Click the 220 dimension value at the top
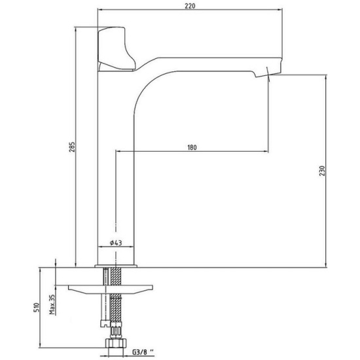pos(190,6)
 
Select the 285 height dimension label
pos(72,147)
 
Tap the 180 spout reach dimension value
pos(192,147)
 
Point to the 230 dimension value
pos(322,171)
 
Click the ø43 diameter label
pos(116,243)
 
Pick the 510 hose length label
pos(37,308)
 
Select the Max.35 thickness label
pos(52,304)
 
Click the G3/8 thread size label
pos(143,352)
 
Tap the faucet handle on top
pos(116,48)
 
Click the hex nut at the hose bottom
pos(116,343)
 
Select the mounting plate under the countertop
pos(110,289)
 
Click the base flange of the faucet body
pos(116,266)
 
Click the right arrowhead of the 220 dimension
pos(280,10)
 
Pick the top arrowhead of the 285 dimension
pos(75,29)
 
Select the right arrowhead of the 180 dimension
pos(266,151)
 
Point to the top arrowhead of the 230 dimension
pos(326,77)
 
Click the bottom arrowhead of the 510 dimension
pos(40,345)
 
